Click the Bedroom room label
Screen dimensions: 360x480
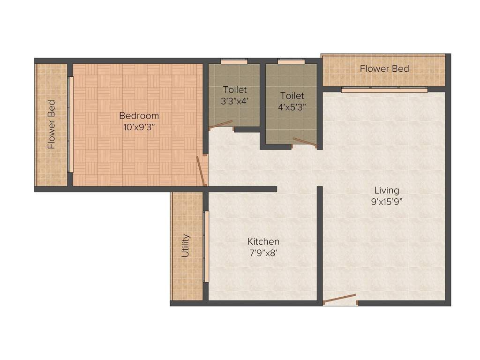(139, 115)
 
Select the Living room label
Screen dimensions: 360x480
(387, 190)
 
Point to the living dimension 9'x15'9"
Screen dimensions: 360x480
(387, 202)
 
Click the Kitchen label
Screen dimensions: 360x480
(263, 241)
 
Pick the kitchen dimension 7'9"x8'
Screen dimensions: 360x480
(263, 253)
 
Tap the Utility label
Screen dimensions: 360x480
(186, 246)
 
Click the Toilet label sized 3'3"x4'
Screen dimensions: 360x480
(234, 89)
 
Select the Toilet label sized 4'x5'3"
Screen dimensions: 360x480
(292, 96)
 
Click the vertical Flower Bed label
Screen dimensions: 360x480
(52, 124)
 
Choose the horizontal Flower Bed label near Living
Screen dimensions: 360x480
(384, 69)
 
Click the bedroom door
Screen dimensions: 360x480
(202, 170)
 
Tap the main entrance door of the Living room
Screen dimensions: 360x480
(340, 299)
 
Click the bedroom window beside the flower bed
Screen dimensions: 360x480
(70, 124)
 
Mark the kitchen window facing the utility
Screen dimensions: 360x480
(205, 246)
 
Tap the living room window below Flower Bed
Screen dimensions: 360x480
(384, 89)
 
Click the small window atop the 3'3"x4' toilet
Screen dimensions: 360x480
(234, 61)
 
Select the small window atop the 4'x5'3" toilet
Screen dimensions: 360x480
(291, 61)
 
